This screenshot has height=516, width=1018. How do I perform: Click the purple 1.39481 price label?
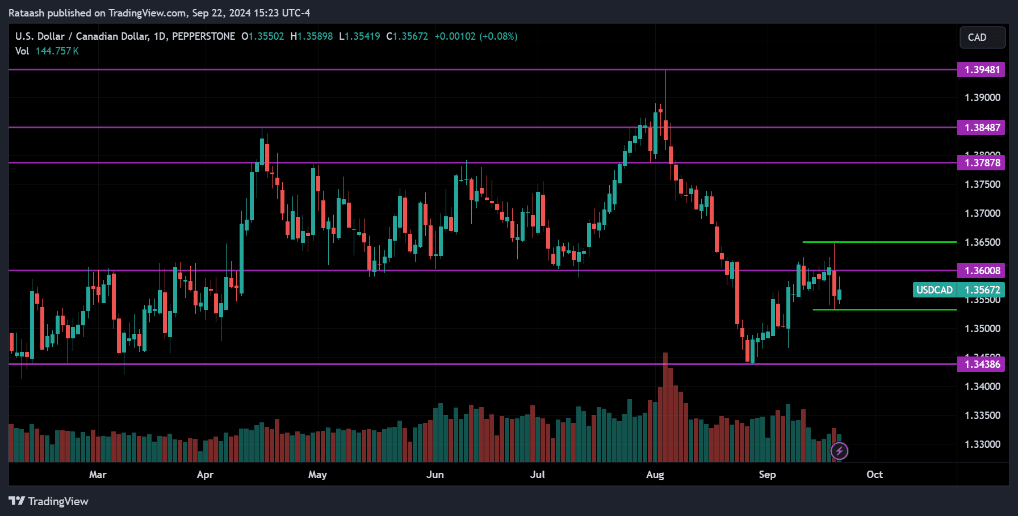(981, 70)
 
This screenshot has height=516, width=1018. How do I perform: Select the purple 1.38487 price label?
(981, 128)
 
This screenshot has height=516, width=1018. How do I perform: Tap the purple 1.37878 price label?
(981, 163)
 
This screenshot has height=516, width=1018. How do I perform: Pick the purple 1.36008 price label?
(981, 271)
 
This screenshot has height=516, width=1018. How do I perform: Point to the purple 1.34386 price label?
(981, 364)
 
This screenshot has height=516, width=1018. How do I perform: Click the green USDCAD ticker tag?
(934, 290)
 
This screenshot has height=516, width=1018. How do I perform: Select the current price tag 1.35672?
(982, 290)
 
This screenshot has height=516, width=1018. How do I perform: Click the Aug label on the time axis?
(655, 475)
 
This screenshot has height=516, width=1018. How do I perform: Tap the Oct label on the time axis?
(874, 475)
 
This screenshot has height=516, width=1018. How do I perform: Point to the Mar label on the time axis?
(98, 475)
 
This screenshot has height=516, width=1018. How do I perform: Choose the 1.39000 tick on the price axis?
(982, 98)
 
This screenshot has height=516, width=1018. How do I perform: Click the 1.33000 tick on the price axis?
(982, 444)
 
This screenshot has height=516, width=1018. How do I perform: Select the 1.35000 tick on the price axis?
(982, 329)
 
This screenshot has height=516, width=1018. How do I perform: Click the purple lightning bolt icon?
(839, 451)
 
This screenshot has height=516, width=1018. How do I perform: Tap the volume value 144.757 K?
(57, 51)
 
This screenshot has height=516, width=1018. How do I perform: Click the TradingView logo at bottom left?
(49, 501)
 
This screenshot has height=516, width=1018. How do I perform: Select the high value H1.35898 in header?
(312, 36)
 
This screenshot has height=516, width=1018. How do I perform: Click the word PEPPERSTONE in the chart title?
(203, 36)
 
